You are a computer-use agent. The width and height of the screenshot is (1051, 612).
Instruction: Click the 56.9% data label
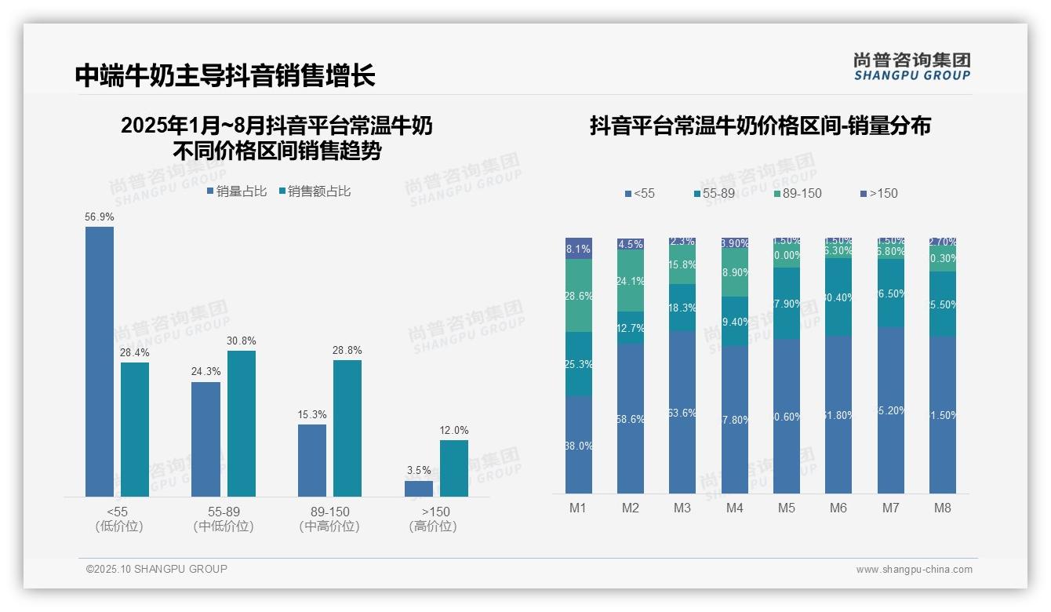coord(99,217)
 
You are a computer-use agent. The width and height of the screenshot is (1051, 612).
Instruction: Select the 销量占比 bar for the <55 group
coord(99,361)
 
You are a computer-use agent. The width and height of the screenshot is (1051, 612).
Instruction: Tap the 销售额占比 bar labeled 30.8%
coord(241,423)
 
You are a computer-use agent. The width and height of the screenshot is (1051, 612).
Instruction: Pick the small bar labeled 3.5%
coord(419,488)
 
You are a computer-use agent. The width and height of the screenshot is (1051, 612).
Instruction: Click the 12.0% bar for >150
coord(453,468)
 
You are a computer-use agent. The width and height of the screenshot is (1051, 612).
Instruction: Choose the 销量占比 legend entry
coord(237,191)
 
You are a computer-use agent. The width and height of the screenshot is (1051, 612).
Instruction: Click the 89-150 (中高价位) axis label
coord(329,519)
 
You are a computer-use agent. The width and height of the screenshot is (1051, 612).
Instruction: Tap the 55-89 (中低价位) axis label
coord(223,519)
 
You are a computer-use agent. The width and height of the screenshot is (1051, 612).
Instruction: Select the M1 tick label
coord(578,508)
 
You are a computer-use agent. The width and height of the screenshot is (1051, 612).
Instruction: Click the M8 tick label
coord(942,508)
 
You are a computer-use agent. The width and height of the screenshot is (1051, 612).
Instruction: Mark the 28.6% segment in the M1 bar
coord(579,296)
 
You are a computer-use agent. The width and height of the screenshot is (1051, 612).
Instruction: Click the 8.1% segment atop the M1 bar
coord(579,249)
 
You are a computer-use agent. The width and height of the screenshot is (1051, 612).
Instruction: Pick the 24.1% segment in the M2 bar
coord(631,281)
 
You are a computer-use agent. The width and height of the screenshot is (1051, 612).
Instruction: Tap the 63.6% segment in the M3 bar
coord(682,412)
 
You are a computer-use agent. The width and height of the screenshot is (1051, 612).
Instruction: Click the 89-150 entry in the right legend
coord(797,194)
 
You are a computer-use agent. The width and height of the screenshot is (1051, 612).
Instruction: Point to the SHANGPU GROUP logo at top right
coord(911,66)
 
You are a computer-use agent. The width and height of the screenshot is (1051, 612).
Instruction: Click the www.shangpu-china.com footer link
coord(914,570)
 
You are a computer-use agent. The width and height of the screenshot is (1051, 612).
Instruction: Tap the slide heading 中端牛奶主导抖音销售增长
coord(225,75)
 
